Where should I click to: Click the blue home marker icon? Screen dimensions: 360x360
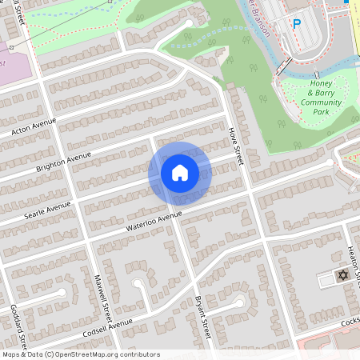(x=180, y=173)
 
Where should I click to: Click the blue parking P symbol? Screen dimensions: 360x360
(x=297, y=24)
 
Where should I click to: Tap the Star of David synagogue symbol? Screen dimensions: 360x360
(x=342, y=275)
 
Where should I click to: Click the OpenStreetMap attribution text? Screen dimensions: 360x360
(x=80, y=354)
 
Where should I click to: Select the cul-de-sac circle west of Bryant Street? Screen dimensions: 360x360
(x=138, y=283)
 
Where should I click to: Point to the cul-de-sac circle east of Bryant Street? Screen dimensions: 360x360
(x=239, y=302)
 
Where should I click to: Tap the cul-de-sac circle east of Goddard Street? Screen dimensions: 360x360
(x=62, y=294)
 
